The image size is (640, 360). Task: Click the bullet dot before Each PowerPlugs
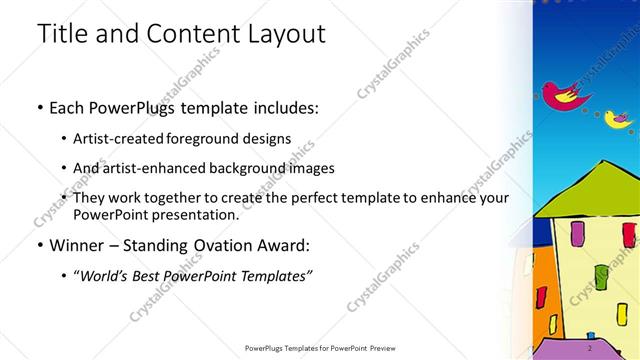click(39, 107)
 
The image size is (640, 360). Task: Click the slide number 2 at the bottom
click(590, 348)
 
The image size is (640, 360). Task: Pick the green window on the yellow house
click(600, 274)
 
